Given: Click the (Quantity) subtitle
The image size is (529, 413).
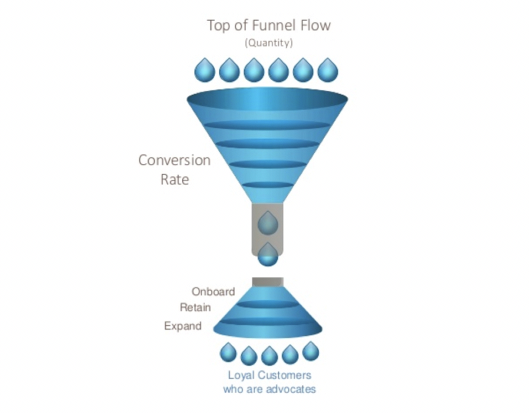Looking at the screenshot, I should [x=268, y=43].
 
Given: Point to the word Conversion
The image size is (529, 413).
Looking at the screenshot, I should [x=174, y=160].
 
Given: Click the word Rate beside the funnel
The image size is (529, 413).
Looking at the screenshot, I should [x=174, y=179].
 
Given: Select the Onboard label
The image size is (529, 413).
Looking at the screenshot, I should [x=213, y=291].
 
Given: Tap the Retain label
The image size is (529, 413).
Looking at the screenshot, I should [x=195, y=307].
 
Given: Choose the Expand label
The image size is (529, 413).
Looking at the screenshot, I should [x=182, y=326].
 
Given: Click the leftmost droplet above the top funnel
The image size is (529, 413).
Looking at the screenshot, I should [x=204, y=70].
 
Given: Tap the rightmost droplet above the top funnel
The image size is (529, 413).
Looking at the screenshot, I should [x=327, y=70].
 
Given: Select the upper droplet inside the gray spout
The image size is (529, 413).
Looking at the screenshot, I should [x=267, y=223].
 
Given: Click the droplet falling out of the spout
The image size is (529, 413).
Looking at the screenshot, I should [x=267, y=255].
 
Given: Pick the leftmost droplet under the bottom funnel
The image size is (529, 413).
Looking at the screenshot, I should [x=228, y=352].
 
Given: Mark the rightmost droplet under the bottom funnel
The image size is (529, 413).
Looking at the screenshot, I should [x=310, y=351].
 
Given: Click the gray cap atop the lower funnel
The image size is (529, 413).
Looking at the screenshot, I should [x=267, y=282].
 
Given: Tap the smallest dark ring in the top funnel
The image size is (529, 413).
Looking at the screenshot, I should [x=267, y=184].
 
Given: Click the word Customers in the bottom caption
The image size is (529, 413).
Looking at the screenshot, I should [x=287, y=375].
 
